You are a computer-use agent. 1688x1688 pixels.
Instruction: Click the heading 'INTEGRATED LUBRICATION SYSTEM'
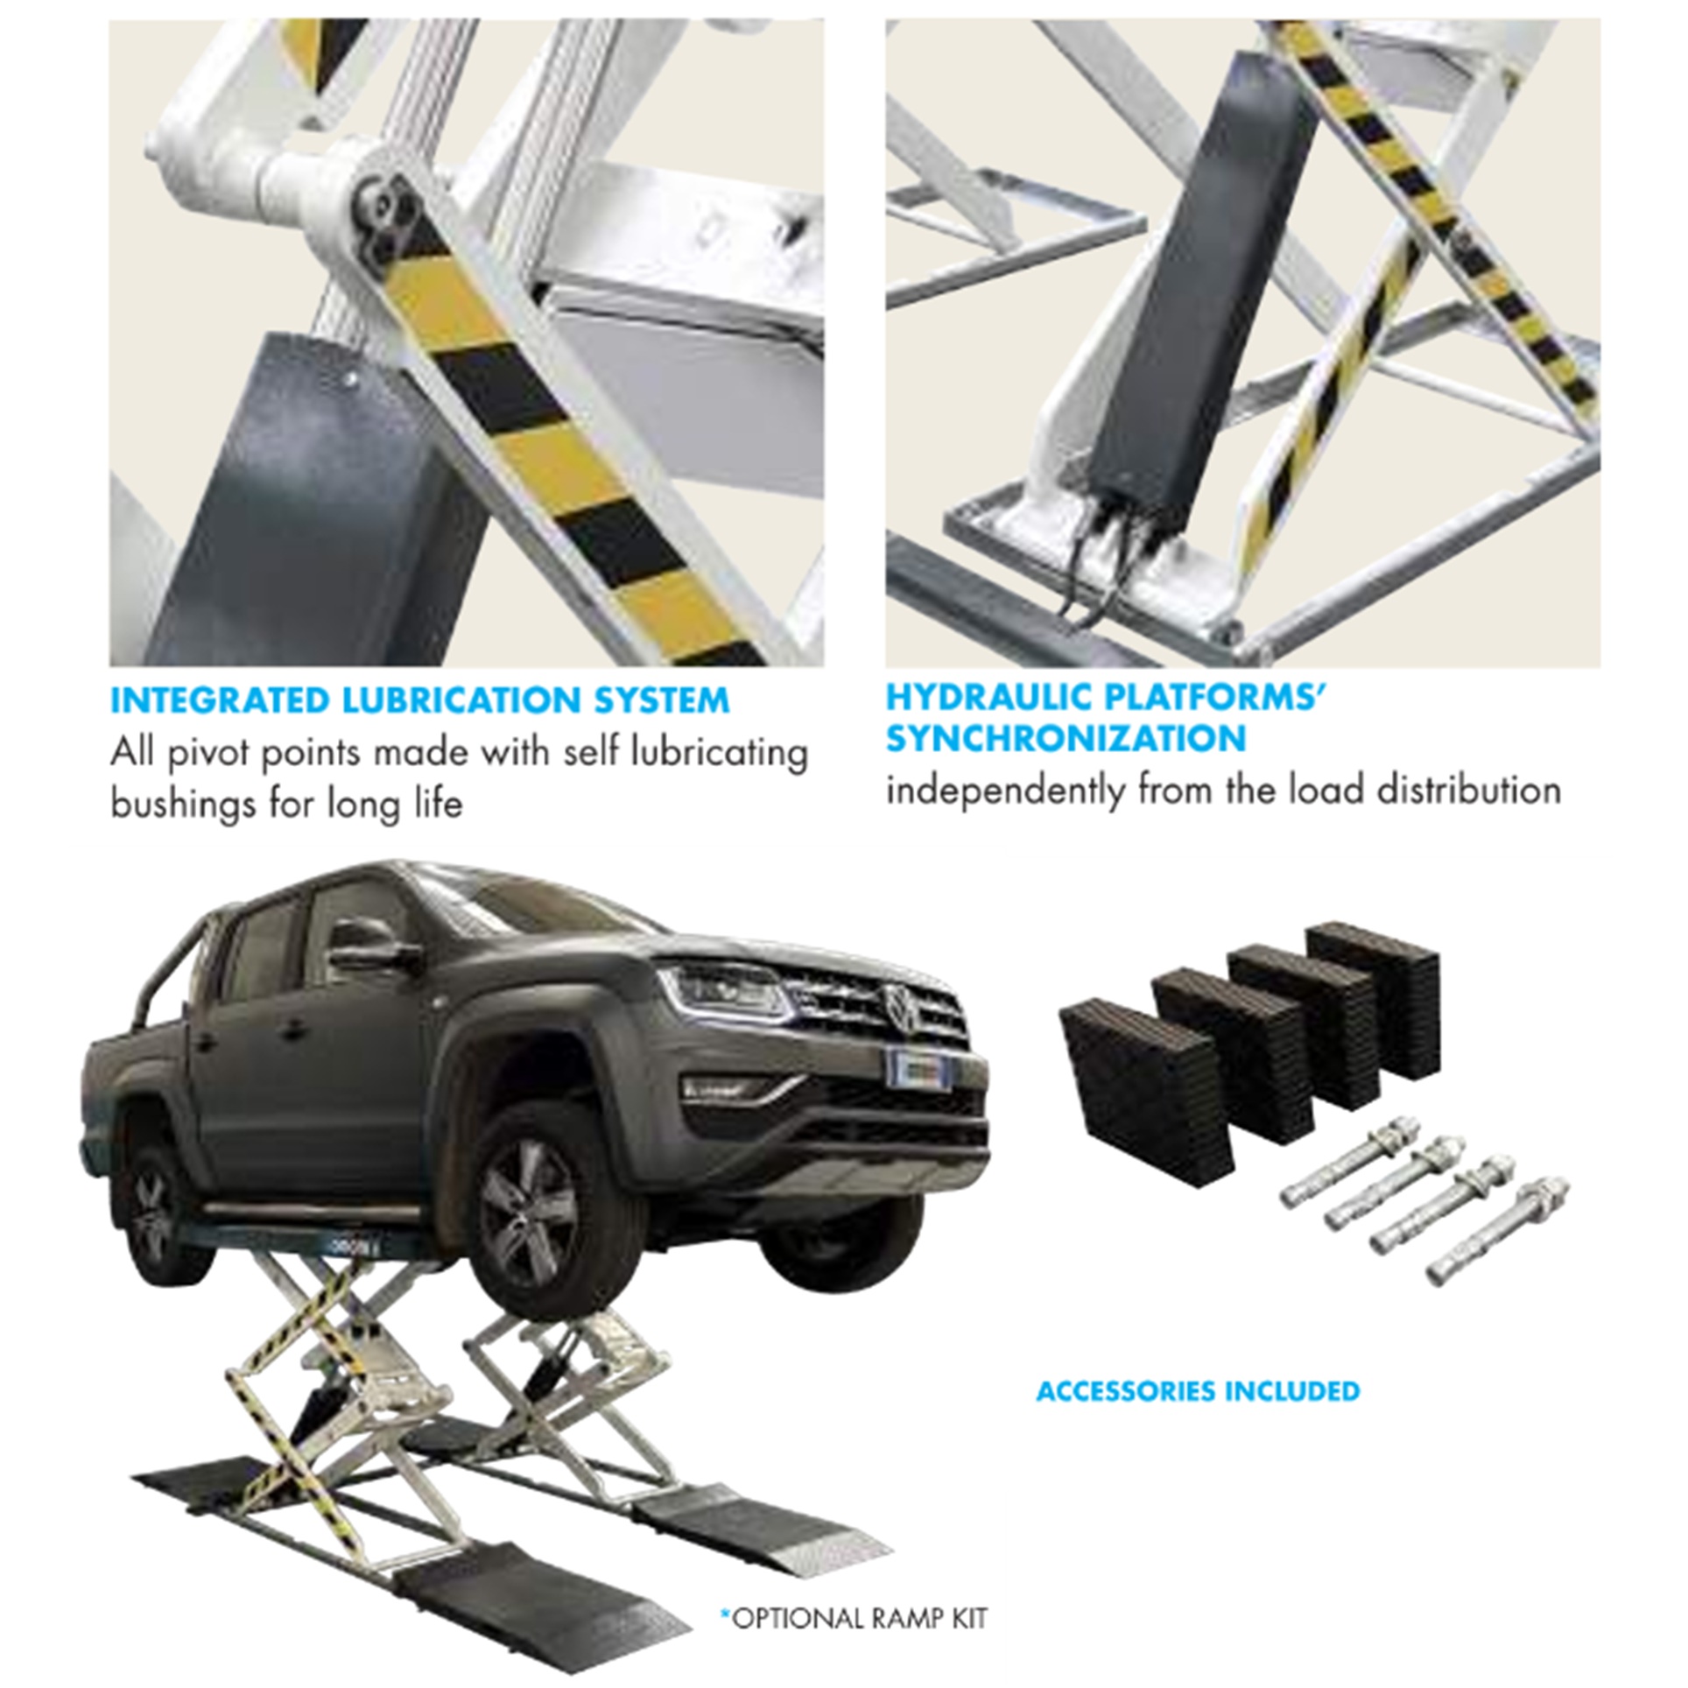coord(419,701)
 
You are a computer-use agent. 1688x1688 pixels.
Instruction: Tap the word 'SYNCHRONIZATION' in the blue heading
coord(1066,739)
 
